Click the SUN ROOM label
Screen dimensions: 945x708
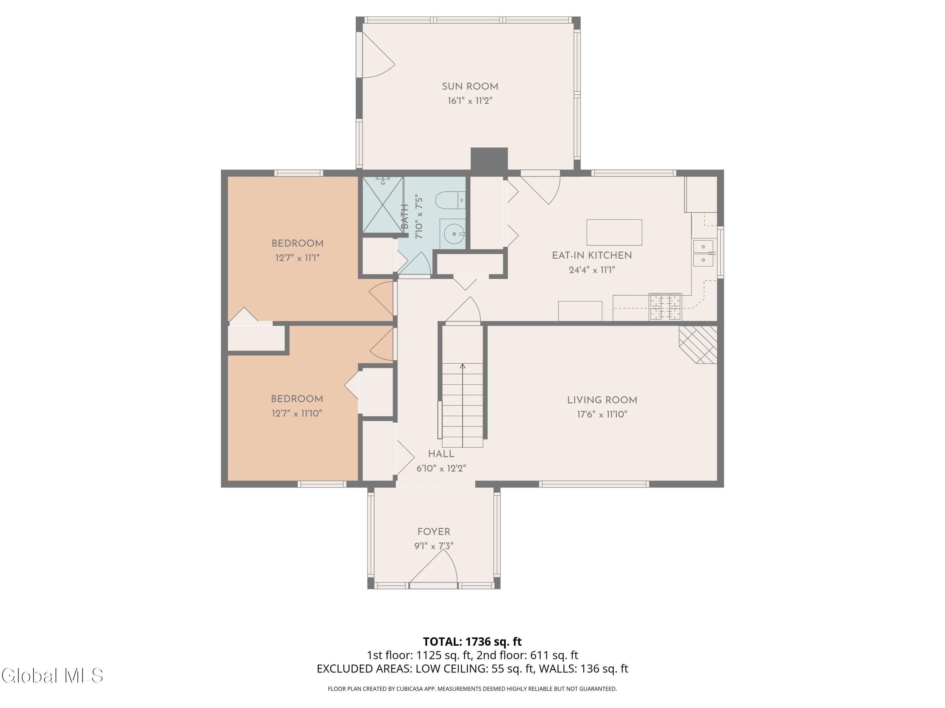[470, 87]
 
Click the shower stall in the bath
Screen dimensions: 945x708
[383, 205]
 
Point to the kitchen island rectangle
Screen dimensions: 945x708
[614, 232]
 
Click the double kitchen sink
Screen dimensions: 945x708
[703, 253]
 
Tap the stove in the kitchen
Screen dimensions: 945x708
[665, 306]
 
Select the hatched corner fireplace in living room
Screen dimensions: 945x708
[698, 345]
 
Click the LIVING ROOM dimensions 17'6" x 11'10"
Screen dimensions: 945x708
[602, 414]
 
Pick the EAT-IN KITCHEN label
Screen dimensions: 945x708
[592, 256]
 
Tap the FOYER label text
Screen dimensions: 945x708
[434, 532]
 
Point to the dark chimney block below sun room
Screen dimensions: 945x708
[489, 159]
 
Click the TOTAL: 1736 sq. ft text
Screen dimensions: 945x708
[472, 641]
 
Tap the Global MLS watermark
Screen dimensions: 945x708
[52, 676]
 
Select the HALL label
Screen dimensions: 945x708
[441, 454]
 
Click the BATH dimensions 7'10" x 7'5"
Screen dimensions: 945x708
[419, 216]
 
